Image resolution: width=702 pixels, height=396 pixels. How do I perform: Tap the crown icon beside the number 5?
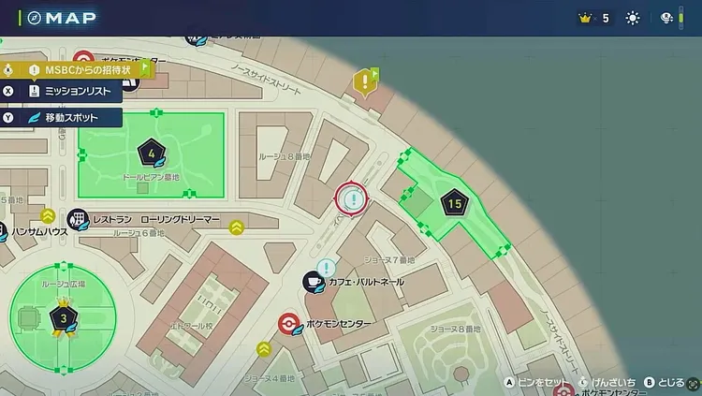(x=587, y=18)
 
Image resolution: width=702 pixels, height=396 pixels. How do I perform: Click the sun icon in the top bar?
(x=634, y=18)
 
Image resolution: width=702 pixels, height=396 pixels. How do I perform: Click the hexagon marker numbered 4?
(x=152, y=153)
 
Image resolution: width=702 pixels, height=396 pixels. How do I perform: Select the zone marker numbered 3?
(x=63, y=318)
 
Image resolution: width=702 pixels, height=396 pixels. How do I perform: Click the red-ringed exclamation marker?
(x=353, y=198)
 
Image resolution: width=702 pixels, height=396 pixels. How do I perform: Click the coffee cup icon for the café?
(x=312, y=282)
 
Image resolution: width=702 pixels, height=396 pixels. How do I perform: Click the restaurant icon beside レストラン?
(x=79, y=218)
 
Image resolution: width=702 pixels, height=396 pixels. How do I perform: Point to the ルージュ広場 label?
(x=63, y=283)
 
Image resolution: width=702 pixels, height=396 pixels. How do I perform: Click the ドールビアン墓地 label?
(x=151, y=176)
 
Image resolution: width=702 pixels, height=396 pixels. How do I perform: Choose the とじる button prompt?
(x=665, y=382)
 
